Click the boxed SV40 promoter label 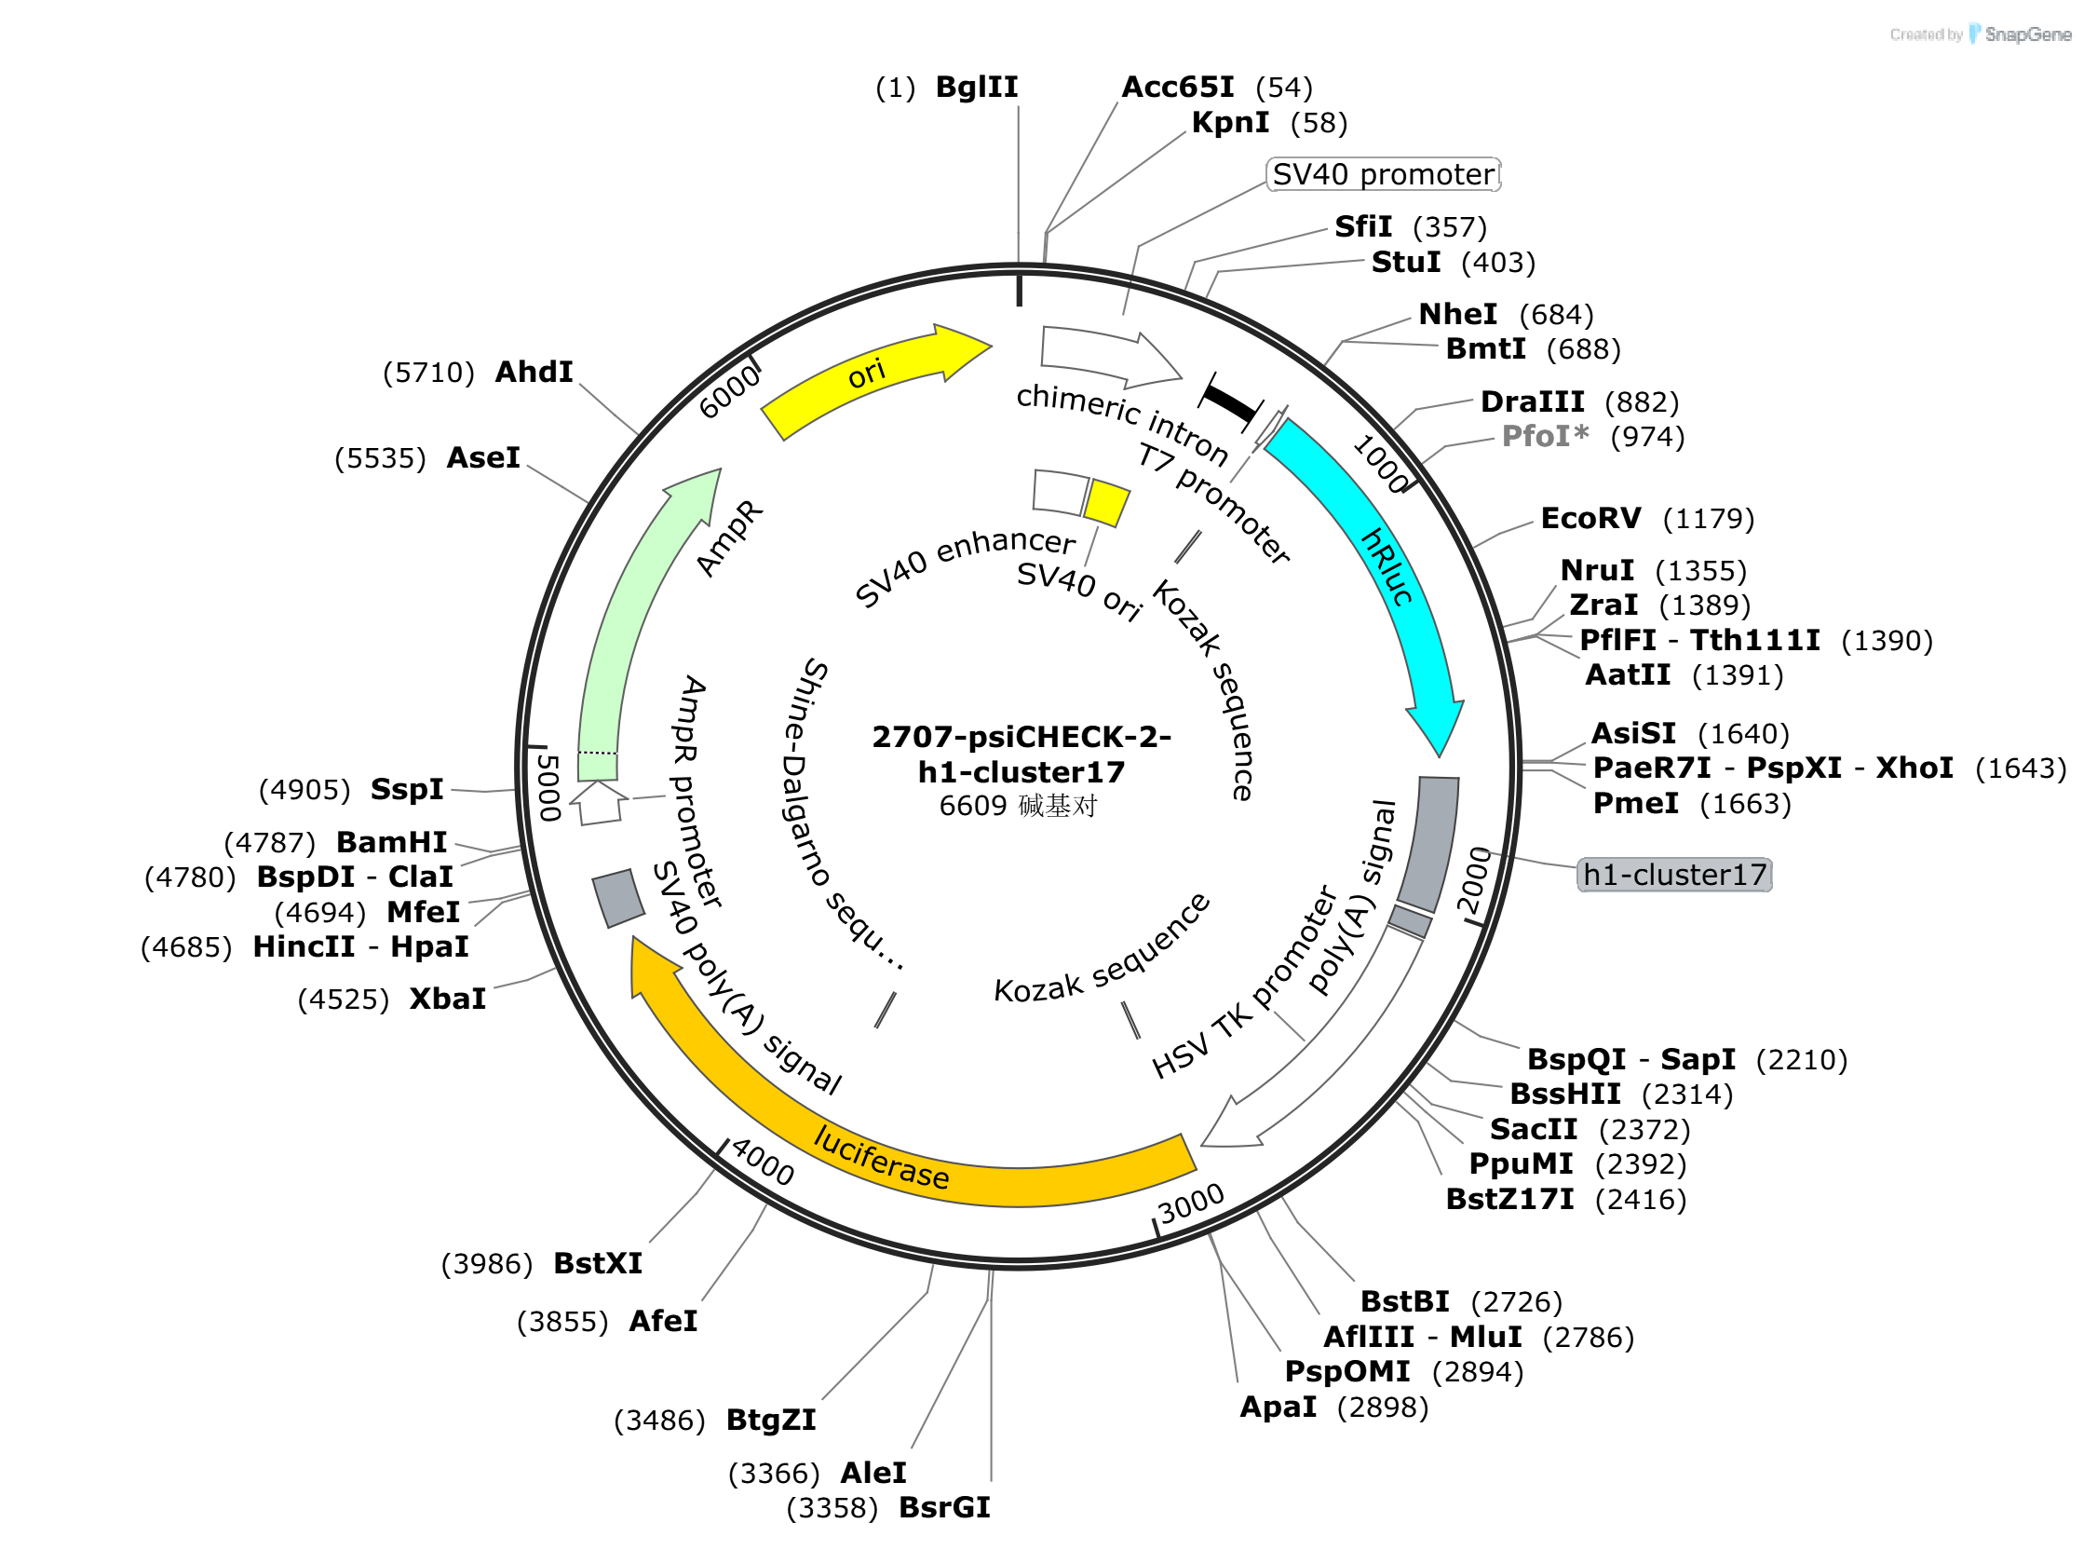point(1383,175)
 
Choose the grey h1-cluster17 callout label point(1674,875)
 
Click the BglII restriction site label point(977,88)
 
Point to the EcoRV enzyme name point(1590,519)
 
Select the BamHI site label point(392,843)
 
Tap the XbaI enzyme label point(448,1000)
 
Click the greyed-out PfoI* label point(1546,437)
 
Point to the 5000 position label point(548,788)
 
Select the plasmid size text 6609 point(973,807)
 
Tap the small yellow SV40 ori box point(1106,503)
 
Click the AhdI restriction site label point(534,372)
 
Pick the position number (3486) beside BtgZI point(659,1421)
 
